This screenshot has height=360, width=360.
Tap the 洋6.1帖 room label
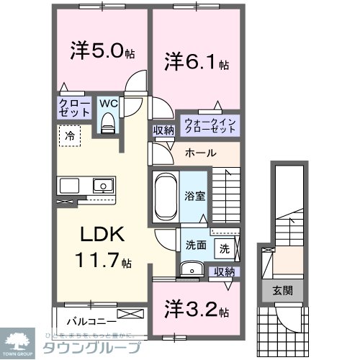(197, 61)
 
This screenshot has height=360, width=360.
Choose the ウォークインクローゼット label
(210, 123)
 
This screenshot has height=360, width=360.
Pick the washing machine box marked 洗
(225, 248)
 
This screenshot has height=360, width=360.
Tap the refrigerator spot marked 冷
(70, 135)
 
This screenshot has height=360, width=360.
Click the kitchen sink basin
(103, 186)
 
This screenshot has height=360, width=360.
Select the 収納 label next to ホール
(162, 130)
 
